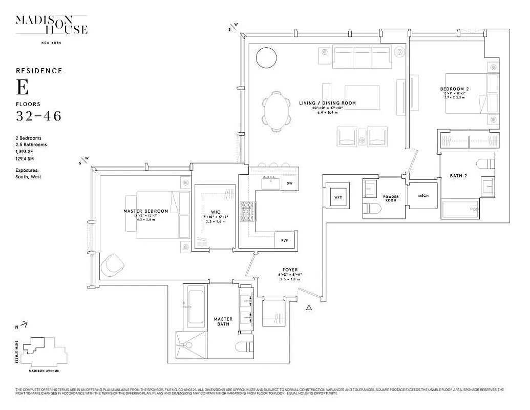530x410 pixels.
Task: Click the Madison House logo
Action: click(x=51, y=26)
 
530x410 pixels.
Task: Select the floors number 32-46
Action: click(x=38, y=116)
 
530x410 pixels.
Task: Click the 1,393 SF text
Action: click(x=26, y=153)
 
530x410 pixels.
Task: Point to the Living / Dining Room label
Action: click(x=327, y=103)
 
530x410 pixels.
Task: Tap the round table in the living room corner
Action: click(x=267, y=58)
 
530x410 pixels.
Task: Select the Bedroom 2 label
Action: click(x=454, y=89)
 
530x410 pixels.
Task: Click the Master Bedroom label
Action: click(x=145, y=211)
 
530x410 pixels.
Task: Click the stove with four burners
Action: click(x=248, y=211)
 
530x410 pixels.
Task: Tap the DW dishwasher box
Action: click(x=289, y=183)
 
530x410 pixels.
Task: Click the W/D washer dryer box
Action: click(x=338, y=197)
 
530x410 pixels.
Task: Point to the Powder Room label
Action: click(x=390, y=198)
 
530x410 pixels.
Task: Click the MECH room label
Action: click(x=423, y=196)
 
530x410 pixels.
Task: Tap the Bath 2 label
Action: click(x=459, y=176)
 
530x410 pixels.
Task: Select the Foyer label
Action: click(x=290, y=270)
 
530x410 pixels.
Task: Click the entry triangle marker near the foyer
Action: click(x=309, y=307)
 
